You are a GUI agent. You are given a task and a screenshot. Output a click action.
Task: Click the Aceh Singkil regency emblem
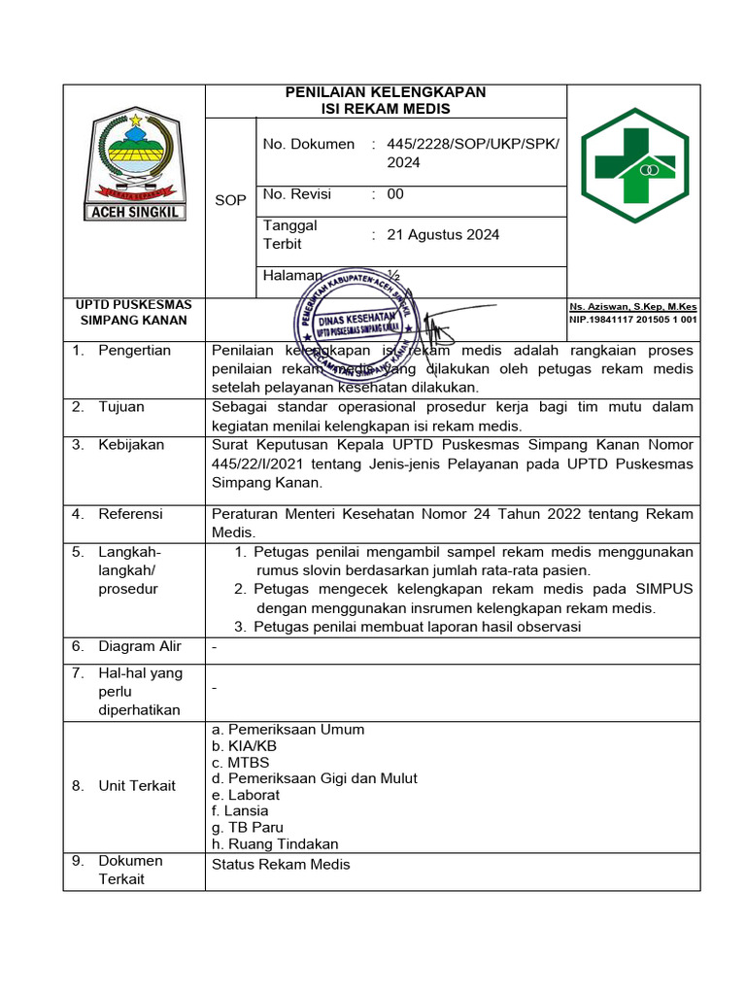134,165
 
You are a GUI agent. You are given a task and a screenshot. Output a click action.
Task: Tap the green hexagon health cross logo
634,166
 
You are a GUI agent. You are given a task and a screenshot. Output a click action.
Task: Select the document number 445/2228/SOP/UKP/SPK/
473,144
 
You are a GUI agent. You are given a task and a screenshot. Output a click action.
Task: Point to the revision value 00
395,194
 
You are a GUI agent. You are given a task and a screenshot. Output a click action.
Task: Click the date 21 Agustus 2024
443,234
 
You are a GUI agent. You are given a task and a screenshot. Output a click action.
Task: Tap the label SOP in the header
230,200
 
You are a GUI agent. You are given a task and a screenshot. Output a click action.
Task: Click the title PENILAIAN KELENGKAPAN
385,92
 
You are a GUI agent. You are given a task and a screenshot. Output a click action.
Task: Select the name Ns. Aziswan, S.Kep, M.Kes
633,307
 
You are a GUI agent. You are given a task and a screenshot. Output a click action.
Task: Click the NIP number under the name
633,320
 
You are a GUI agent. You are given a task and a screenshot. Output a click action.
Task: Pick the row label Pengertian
134,351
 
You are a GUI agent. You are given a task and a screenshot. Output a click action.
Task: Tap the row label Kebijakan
131,445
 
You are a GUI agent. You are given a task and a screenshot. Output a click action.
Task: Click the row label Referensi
130,514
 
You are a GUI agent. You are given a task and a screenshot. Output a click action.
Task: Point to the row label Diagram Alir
139,646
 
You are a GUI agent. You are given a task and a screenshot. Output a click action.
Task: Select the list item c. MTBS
240,763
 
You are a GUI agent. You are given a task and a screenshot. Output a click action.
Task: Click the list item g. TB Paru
247,828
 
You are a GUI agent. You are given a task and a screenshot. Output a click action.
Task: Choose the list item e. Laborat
245,795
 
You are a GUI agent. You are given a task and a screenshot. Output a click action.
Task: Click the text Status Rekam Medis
281,865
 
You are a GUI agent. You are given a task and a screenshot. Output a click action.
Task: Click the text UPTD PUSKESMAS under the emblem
134,305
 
